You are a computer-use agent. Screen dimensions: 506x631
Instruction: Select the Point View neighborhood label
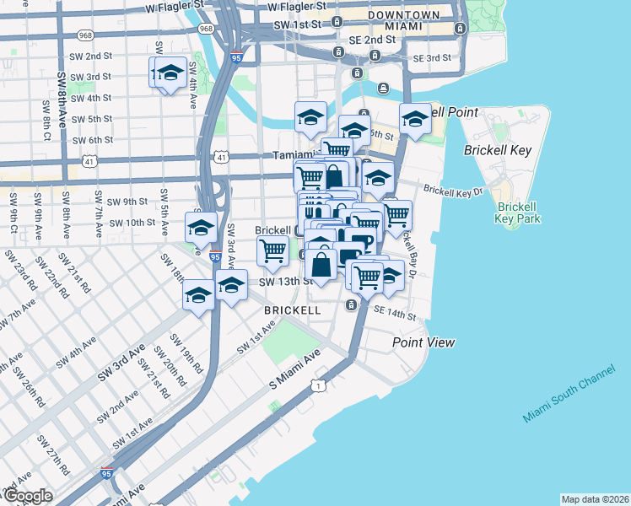[x=423, y=342]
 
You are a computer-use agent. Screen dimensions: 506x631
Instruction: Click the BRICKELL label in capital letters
[x=292, y=310]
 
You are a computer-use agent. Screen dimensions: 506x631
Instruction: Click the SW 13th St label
[x=279, y=281]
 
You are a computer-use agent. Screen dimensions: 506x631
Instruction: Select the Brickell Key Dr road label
[x=453, y=191]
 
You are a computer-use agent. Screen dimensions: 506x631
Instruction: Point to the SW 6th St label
[x=93, y=140]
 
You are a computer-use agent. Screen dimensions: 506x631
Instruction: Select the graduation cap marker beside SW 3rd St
[x=170, y=73]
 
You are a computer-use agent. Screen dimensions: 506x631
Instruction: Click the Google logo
[x=28, y=496]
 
